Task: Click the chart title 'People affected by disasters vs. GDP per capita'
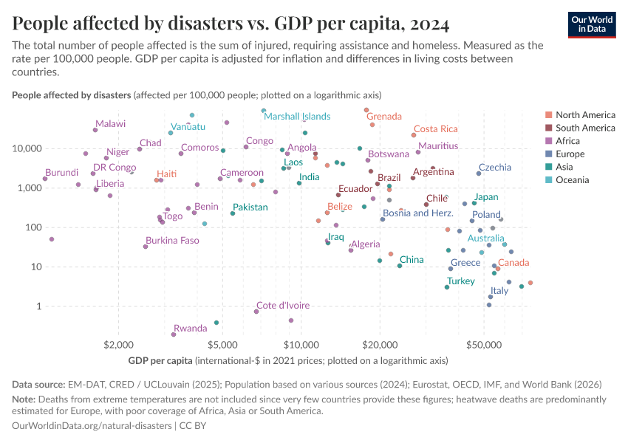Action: (x=231, y=24)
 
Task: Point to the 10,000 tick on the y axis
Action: (x=28, y=148)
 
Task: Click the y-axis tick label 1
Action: (x=38, y=306)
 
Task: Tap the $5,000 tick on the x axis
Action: (x=222, y=345)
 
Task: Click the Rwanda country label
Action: (x=190, y=329)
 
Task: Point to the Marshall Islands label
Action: (x=297, y=117)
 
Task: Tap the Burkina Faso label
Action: (x=172, y=241)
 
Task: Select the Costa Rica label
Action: (x=435, y=129)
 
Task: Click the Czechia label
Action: (x=494, y=168)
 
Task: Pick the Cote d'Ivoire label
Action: (x=282, y=306)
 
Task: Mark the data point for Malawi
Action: (x=95, y=130)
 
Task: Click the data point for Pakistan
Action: (x=233, y=213)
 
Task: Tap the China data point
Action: (x=400, y=265)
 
